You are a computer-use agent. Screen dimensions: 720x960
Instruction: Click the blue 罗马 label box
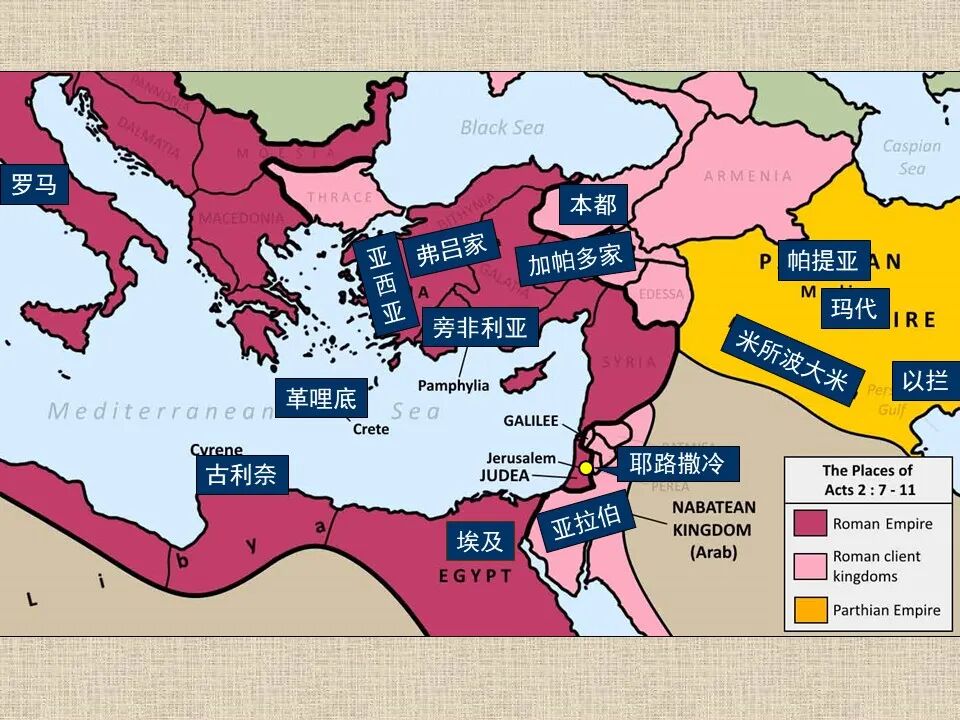(x=34, y=185)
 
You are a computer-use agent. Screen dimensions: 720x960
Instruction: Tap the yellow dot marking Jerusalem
(x=586, y=467)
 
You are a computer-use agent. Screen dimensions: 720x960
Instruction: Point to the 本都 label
(x=593, y=205)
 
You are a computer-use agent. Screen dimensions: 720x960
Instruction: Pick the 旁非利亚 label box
(x=479, y=327)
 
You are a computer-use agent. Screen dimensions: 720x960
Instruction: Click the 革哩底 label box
(x=321, y=398)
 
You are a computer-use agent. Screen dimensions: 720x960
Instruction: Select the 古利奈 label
(x=241, y=475)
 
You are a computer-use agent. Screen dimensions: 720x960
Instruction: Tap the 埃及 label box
(x=480, y=541)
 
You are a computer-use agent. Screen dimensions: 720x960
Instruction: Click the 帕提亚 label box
(x=823, y=261)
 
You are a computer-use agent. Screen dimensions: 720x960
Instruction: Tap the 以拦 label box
(x=925, y=381)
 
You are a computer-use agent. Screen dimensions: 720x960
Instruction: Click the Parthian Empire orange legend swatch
(x=811, y=609)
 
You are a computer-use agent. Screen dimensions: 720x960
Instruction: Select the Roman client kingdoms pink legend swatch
(x=811, y=566)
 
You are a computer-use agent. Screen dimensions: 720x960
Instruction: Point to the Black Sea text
(x=502, y=127)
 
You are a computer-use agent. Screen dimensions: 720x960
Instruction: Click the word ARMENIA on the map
(x=748, y=176)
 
